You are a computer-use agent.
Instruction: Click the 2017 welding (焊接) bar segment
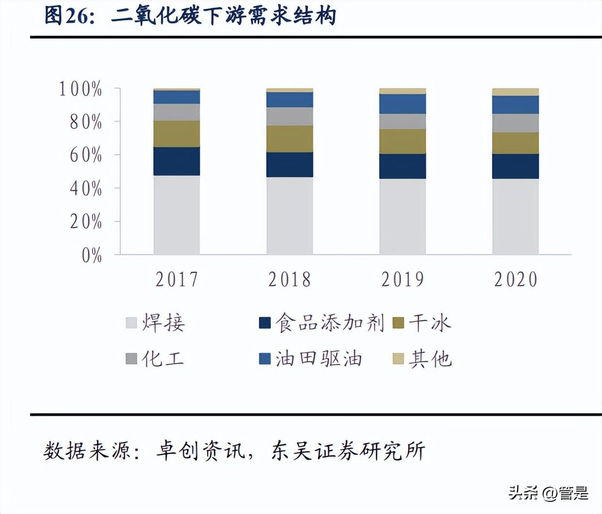(x=176, y=214)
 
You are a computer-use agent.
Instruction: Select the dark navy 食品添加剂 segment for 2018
(x=289, y=165)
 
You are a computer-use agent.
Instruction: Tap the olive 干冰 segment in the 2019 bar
(x=402, y=141)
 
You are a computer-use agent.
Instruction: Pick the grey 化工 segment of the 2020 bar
(x=515, y=123)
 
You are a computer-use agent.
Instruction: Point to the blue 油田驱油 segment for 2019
(x=402, y=104)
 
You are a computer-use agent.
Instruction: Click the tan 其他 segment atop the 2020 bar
(x=515, y=92)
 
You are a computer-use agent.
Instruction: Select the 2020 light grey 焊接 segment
(x=515, y=216)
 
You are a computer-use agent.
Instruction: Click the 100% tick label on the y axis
(x=80, y=89)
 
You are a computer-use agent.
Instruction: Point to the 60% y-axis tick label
(x=86, y=155)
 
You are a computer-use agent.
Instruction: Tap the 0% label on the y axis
(x=92, y=255)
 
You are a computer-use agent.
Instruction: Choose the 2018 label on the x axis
(x=289, y=279)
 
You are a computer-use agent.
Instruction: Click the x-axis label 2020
(x=516, y=279)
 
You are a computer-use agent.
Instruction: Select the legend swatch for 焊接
(x=131, y=323)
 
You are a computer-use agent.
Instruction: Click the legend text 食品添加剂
(x=330, y=323)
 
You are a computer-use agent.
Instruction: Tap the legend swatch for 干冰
(x=398, y=323)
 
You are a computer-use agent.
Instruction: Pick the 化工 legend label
(x=163, y=359)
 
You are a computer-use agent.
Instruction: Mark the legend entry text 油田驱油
(x=319, y=359)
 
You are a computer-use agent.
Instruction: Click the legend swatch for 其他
(x=398, y=359)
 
